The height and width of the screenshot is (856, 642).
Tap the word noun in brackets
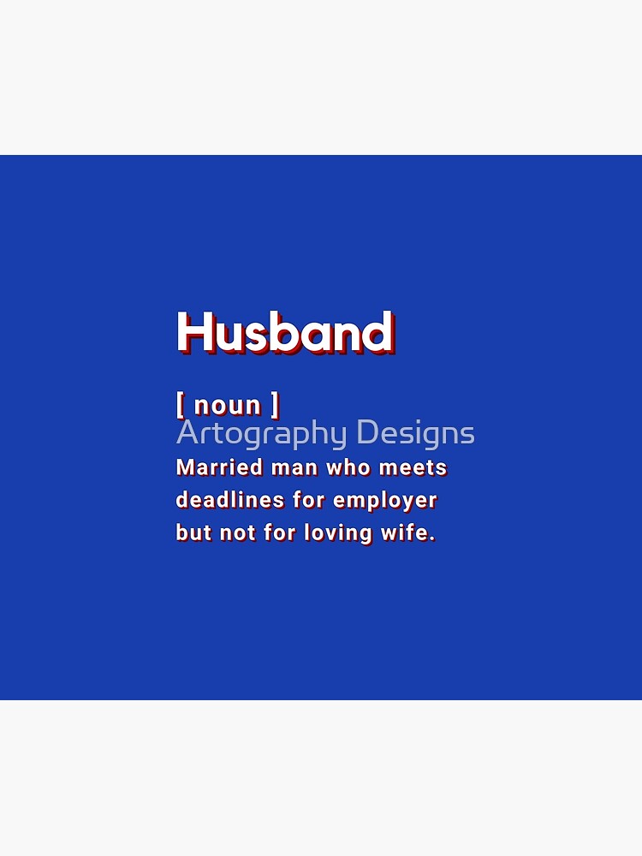point(228,405)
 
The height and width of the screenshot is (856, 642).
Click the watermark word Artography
point(263,434)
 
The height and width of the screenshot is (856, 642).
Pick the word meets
point(413,468)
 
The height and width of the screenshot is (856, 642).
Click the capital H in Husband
point(193,332)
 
